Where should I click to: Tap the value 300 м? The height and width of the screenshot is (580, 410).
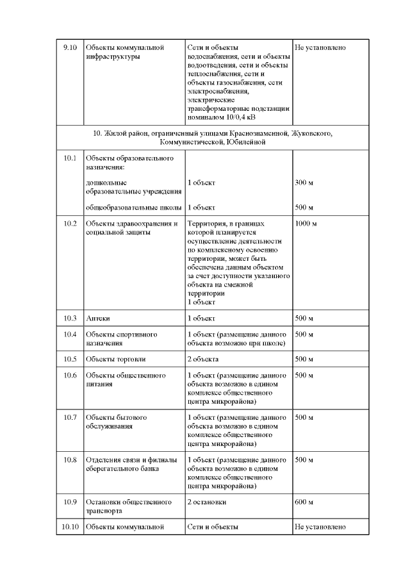point(304,183)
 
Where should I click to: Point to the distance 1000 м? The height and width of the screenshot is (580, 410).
point(306,224)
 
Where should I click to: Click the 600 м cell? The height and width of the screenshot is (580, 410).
point(304,502)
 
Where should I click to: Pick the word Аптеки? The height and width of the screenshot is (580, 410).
point(98,319)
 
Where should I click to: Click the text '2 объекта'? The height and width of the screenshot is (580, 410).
point(204,359)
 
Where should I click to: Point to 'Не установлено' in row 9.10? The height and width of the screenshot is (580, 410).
point(320,47)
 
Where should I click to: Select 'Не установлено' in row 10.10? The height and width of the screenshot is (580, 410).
point(320,527)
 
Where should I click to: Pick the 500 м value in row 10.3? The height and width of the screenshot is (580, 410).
point(304,319)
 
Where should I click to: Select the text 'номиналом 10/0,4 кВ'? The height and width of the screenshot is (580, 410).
point(221,118)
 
